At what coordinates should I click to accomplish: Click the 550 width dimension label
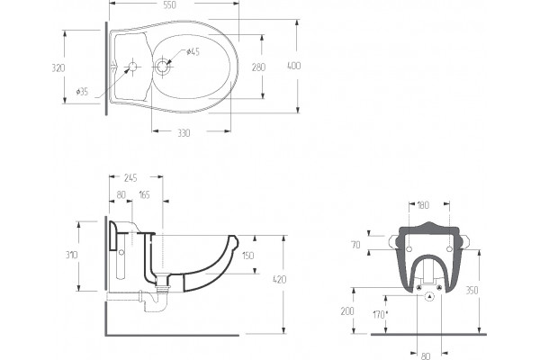(169, 4)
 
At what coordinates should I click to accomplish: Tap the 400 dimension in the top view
(293, 66)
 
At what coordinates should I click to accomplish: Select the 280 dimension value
(258, 67)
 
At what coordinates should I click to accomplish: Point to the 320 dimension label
(58, 67)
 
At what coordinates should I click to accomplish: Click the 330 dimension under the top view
(184, 133)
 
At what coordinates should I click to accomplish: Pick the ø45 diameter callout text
(193, 51)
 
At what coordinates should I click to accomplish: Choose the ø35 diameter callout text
(82, 92)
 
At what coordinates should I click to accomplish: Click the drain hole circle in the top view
(161, 66)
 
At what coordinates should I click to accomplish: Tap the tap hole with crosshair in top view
(132, 67)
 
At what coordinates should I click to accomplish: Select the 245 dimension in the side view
(130, 178)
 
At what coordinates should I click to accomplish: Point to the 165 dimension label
(145, 195)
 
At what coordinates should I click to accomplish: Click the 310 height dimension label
(72, 255)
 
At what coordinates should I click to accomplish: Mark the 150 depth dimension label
(248, 256)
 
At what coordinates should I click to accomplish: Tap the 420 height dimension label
(279, 279)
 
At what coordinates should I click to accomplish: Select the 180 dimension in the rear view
(423, 205)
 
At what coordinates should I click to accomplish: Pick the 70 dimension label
(355, 245)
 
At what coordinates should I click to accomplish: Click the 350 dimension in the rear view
(472, 291)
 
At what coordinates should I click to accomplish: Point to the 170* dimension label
(380, 314)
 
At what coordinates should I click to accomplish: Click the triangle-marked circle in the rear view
(430, 296)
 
